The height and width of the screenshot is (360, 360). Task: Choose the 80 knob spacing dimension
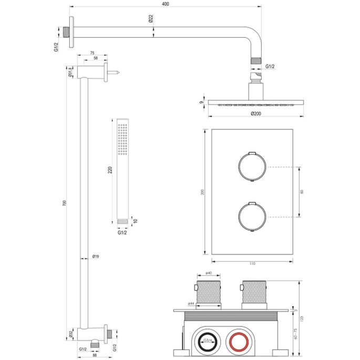[302, 192]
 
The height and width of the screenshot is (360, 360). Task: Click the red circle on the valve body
[240, 342]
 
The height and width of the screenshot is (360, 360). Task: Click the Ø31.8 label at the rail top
[69, 72]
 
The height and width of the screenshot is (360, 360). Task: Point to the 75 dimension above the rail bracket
[92, 53]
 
